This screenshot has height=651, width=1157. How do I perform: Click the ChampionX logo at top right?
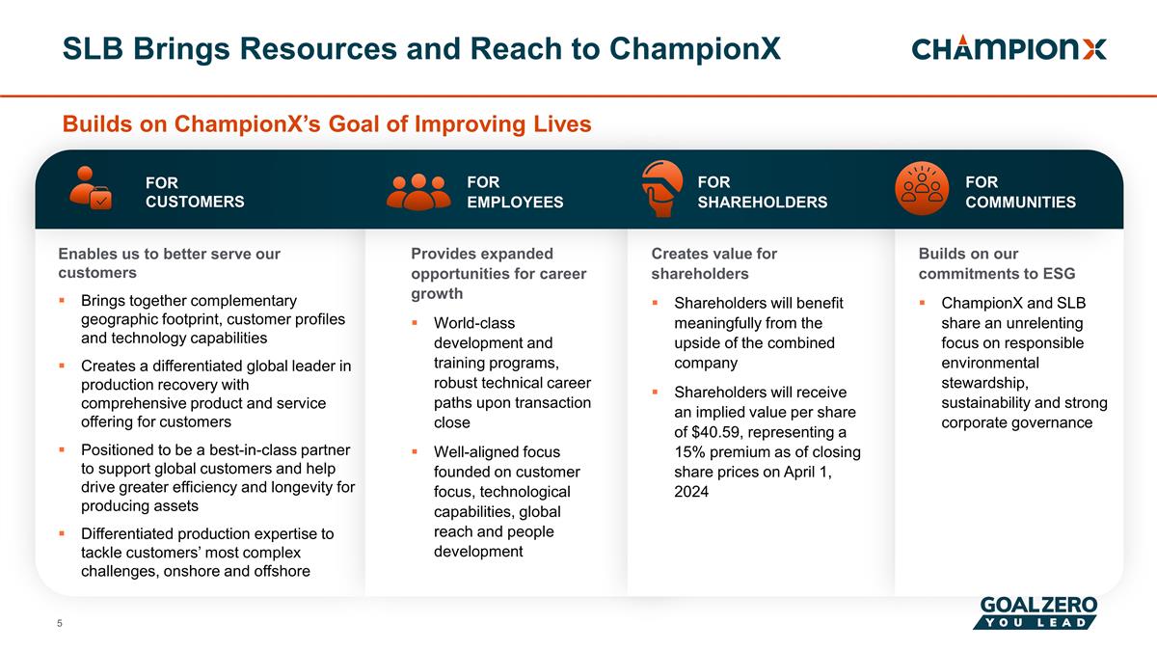(1009, 49)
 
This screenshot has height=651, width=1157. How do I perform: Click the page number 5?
(60, 624)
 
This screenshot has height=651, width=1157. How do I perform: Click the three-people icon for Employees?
(417, 191)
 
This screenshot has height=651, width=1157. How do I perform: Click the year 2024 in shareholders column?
(691, 493)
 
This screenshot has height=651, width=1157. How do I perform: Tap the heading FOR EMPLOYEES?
(514, 192)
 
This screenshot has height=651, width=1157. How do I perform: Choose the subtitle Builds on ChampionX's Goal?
(326, 124)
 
